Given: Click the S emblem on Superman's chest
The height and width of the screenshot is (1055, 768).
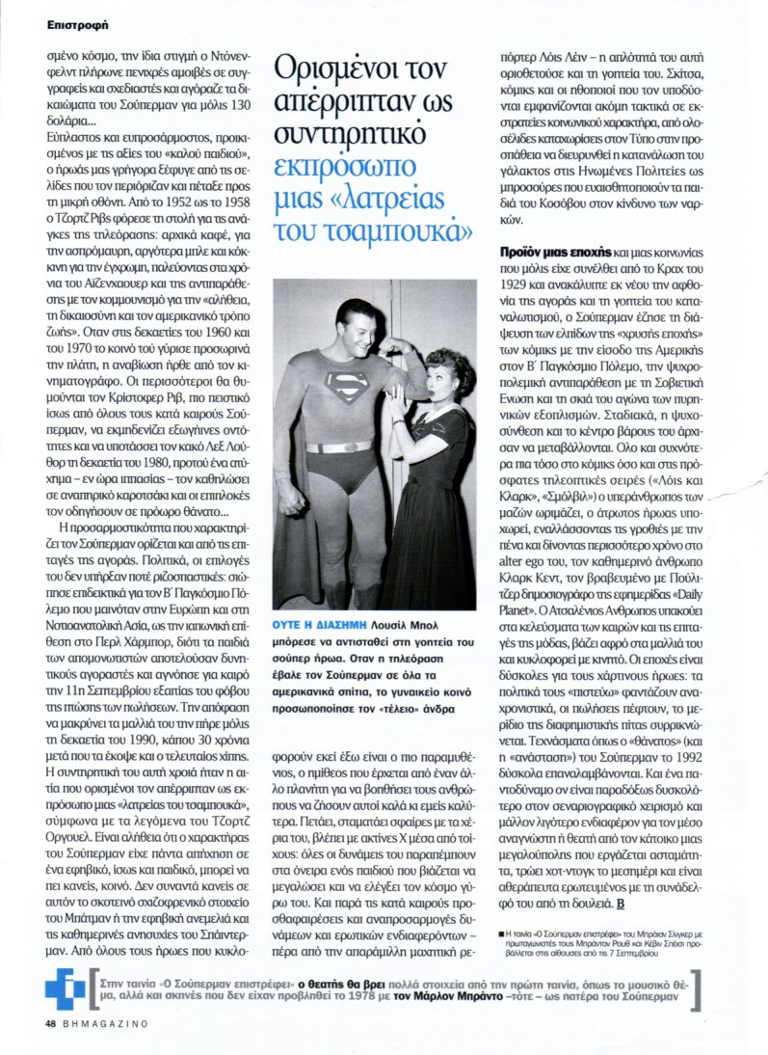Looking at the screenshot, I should [345, 387].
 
